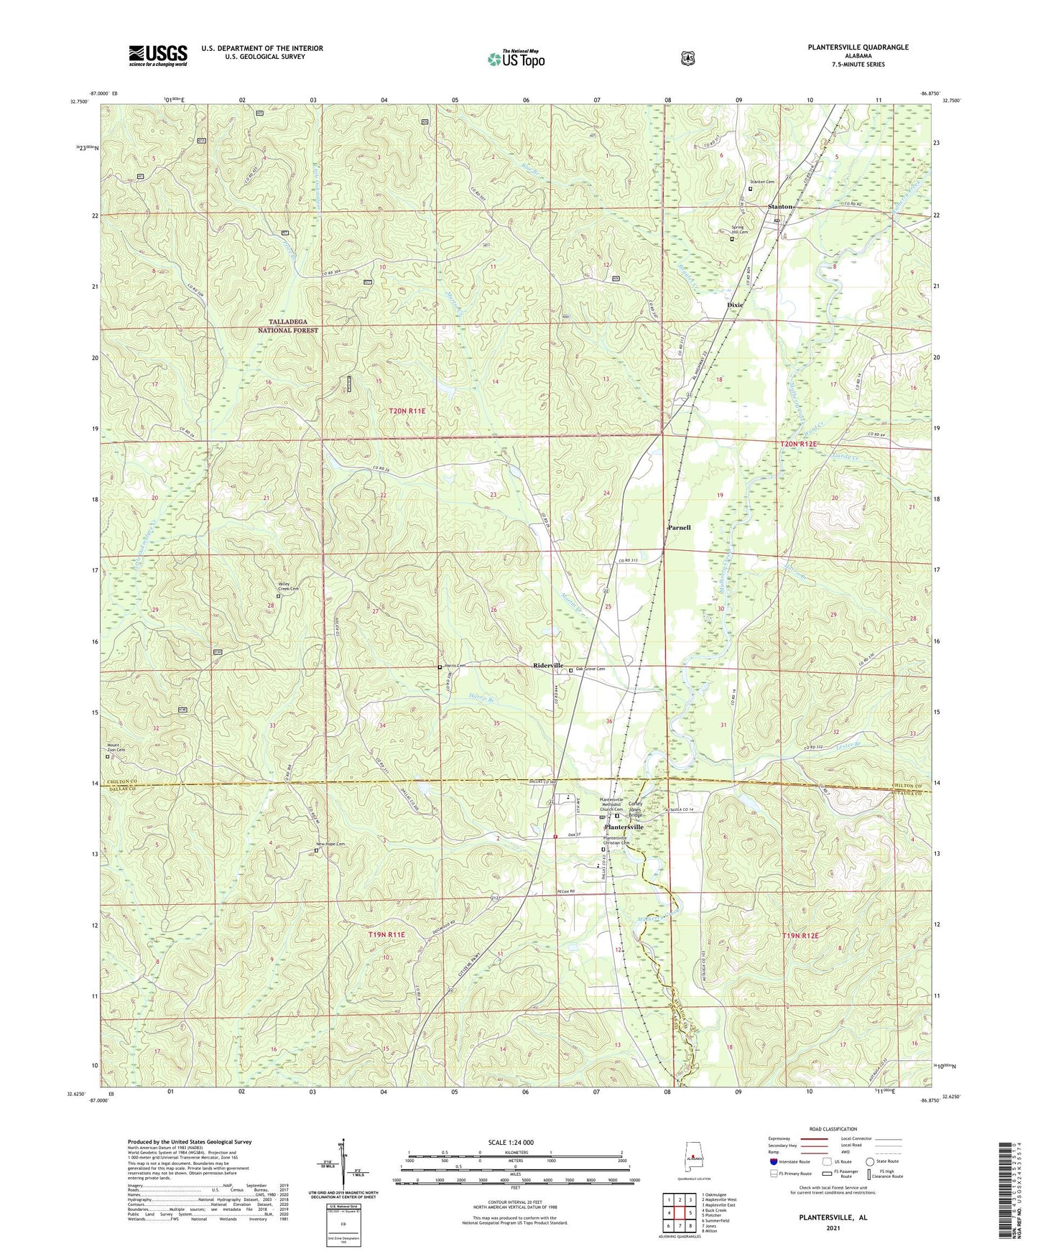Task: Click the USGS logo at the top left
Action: tap(158, 55)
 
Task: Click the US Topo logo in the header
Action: tap(516, 59)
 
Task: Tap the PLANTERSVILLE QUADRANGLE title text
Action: tap(848, 47)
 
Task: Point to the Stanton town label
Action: tap(780, 207)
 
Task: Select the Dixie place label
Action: tap(735, 305)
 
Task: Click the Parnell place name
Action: tap(679, 527)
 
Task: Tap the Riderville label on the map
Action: tap(548, 666)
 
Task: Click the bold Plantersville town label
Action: tap(624, 827)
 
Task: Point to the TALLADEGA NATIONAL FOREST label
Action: tap(288, 326)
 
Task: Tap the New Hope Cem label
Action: tap(330, 844)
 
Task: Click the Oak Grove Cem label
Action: tap(590, 669)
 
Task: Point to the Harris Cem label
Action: tap(455, 665)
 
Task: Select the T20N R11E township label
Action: tap(407, 411)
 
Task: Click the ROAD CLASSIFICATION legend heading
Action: tap(833, 1129)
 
